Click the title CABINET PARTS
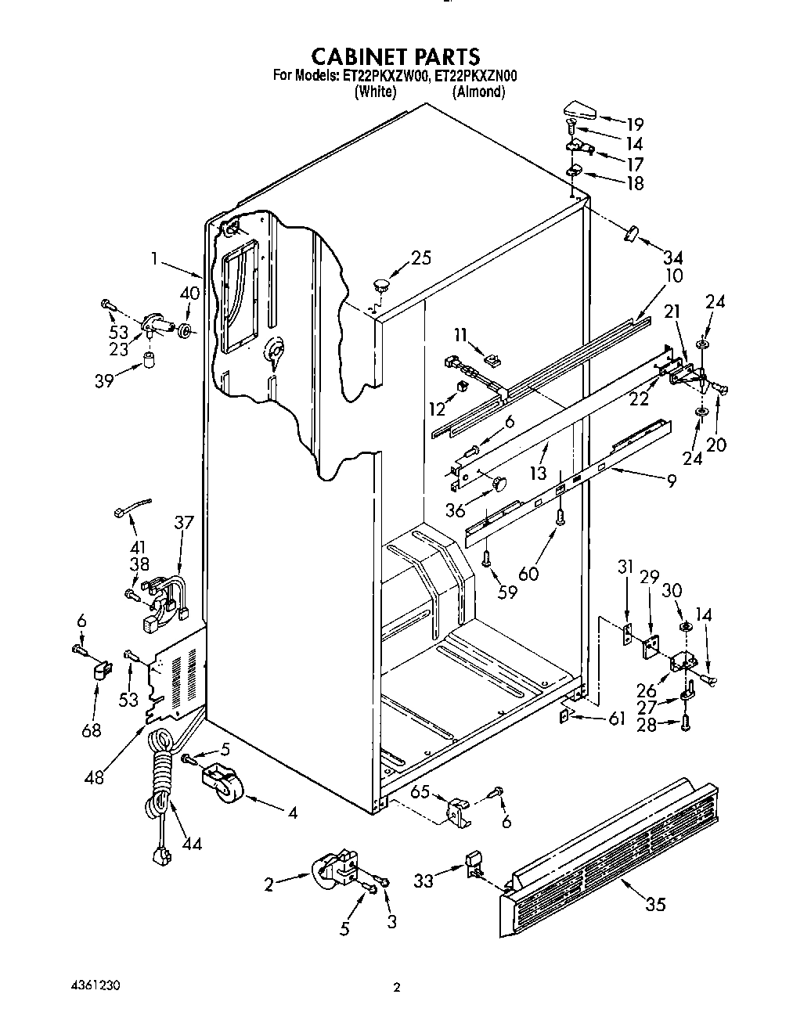point(395,56)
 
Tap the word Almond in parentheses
point(478,92)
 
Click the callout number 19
point(634,124)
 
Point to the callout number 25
point(421,258)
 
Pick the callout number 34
point(672,257)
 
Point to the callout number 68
point(92,729)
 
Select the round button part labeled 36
point(499,484)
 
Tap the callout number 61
point(617,719)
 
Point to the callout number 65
point(420,791)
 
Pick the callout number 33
point(424,881)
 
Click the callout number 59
point(507,591)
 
